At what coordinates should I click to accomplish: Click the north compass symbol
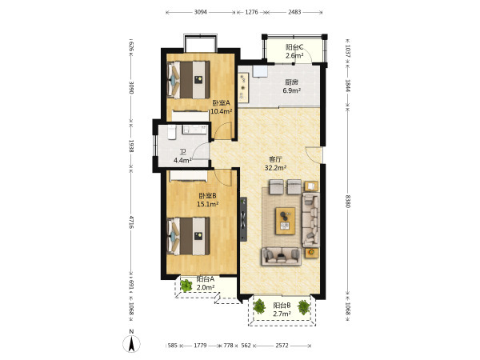click(x=132, y=343)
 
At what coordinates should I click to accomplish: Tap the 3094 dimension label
click(x=201, y=12)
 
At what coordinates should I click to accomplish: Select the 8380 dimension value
click(x=348, y=201)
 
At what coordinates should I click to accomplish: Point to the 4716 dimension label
click(x=131, y=222)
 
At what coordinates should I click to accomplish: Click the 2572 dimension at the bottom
click(x=282, y=346)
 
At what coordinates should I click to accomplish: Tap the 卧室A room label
click(x=221, y=103)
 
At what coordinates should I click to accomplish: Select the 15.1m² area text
click(x=207, y=204)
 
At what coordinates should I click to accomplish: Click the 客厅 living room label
click(x=275, y=159)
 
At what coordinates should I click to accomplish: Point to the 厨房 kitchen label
click(x=291, y=82)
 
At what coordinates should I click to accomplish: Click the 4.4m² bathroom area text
click(x=182, y=160)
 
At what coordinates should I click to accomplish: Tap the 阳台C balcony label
click(x=294, y=47)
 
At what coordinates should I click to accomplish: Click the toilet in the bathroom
click(x=172, y=132)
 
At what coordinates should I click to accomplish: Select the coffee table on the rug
click(x=286, y=221)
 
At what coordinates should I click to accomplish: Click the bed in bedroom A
click(x=189, y=80)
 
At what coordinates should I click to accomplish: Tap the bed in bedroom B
click(x=189, y=236)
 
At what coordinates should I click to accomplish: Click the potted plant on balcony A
click(x=186, y=286)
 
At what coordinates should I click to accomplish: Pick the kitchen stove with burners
click(x=243, y=87)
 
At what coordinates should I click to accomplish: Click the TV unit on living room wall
click(x=243, y=219)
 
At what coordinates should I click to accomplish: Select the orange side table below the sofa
click(x=312, y=253)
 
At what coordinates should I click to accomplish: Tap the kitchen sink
click(x=260, y=70)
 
